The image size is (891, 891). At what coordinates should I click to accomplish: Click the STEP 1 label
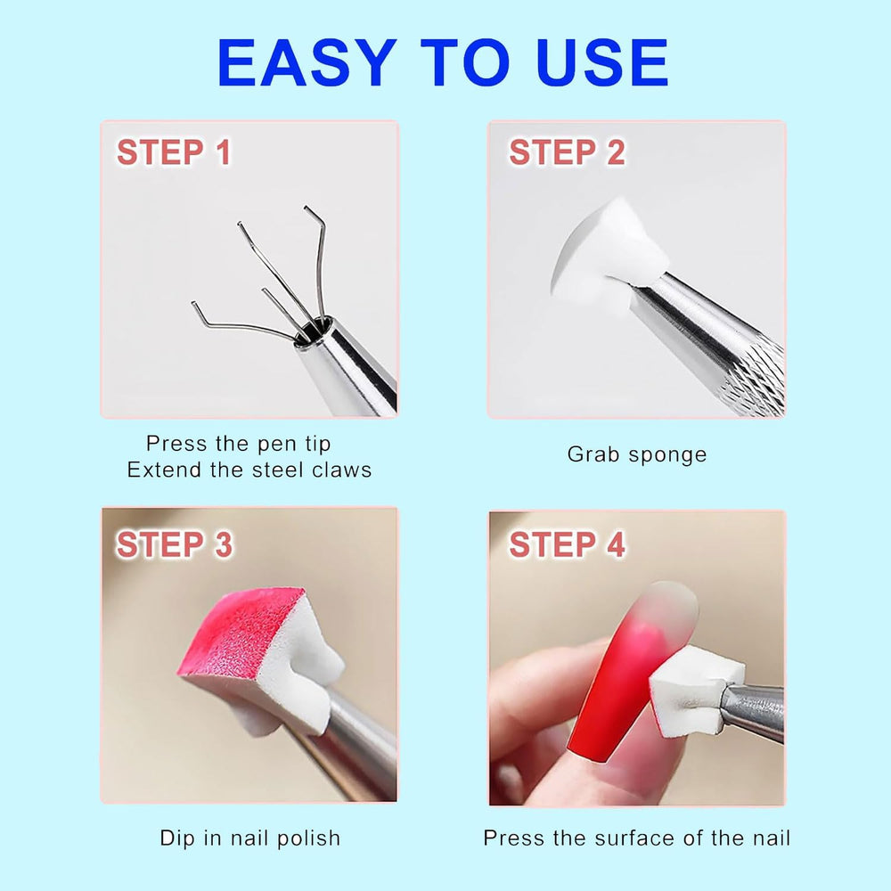pyautogui.click(x=174, y=152)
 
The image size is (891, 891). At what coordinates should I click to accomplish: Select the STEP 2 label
pyautogui.click(x=567, y=152)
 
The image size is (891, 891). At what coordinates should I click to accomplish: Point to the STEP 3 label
pyautogui.click(x=175, y=544)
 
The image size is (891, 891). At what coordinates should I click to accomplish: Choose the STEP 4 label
pyautogui.click(x=567, y=544)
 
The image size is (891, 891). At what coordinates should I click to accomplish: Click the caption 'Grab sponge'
pyautogui.click(x=637, y=454)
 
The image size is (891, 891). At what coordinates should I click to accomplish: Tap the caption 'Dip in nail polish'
pyautogui.click(x=250, y=838)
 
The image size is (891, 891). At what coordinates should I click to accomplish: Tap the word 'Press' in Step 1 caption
pyautogui.click(x=170, y=444)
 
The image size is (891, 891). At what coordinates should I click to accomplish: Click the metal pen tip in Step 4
pyautogui.click(x=751, y=710)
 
